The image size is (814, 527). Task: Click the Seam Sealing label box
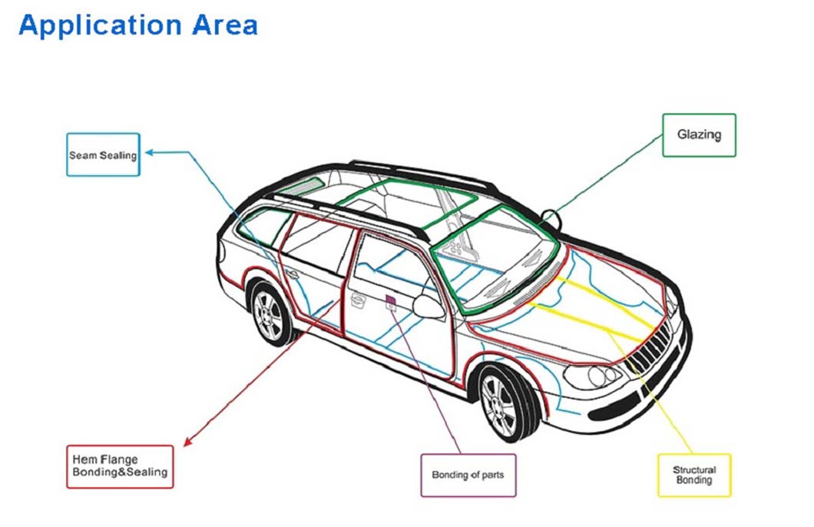tap(104, 154)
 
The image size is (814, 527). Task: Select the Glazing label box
tap(700, 135)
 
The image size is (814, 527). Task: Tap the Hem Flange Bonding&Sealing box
tap(120, 467)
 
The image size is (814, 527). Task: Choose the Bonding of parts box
tap(468, 475)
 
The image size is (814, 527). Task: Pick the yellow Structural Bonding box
tap(695, 475)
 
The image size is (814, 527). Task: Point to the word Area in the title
tap(225, 25)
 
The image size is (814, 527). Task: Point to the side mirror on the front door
tap(429, 307)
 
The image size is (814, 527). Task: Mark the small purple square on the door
tap(390, 300)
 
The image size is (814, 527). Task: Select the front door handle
tap(358, 300)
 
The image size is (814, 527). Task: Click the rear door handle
tap(293, 273)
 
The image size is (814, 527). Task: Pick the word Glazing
tap(700, 135)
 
